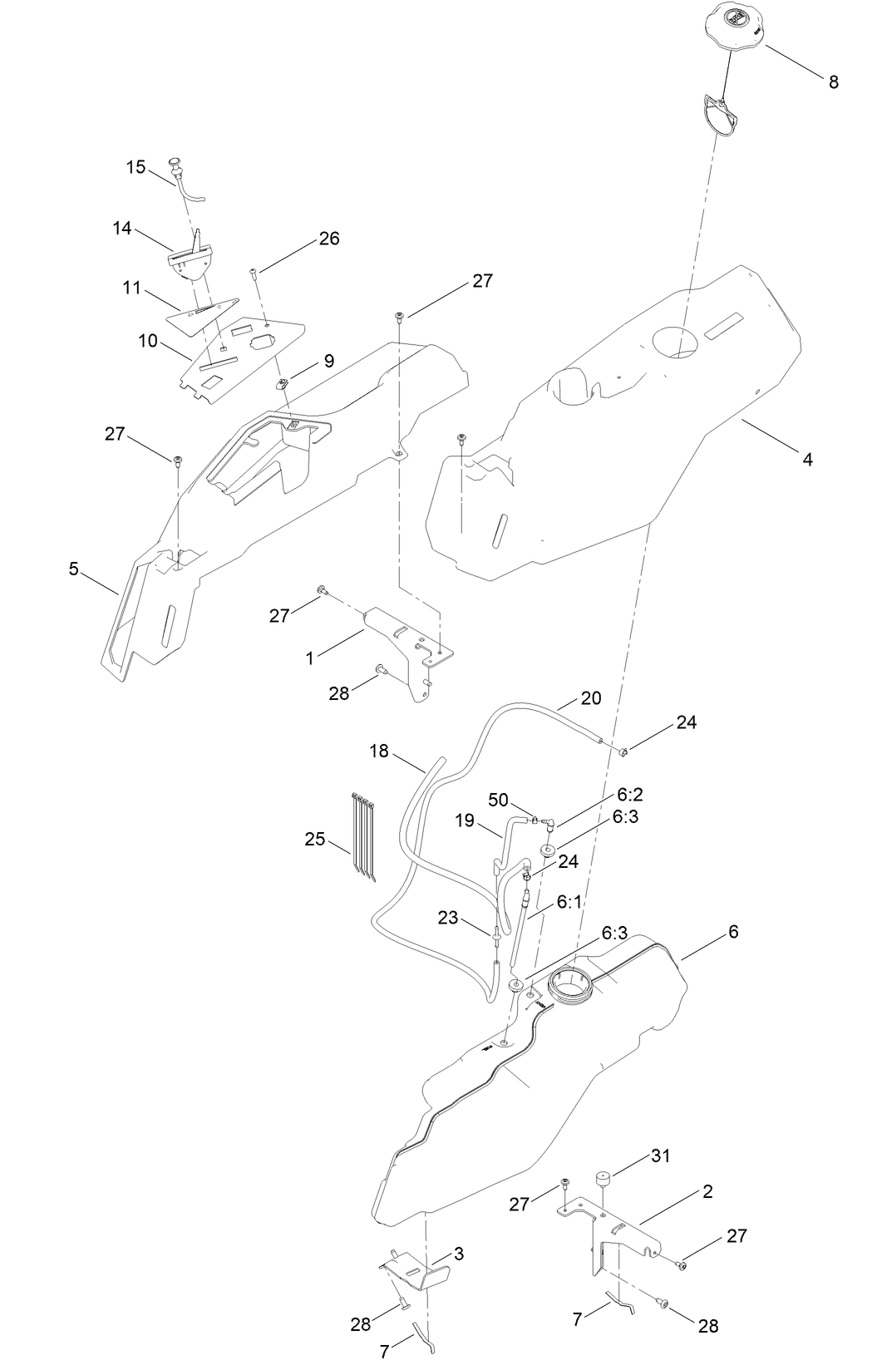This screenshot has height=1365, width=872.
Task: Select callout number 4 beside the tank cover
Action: (807, 458)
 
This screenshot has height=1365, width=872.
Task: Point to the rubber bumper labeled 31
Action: (603, 1181)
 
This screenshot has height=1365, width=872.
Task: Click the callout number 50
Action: (498, 800)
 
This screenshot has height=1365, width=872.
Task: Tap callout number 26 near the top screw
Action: (329, 239)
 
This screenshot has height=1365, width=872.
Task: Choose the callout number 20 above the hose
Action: (590, 697)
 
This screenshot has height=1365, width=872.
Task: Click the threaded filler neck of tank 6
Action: (572, 986)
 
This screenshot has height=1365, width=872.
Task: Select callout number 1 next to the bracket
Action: (310, 658)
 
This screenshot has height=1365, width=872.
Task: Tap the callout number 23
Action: (448, 918)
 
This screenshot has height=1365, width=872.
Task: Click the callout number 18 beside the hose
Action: (379, 751)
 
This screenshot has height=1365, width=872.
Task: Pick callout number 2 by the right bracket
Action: (707, 1191)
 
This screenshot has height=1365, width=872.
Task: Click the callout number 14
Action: (122, 227)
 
